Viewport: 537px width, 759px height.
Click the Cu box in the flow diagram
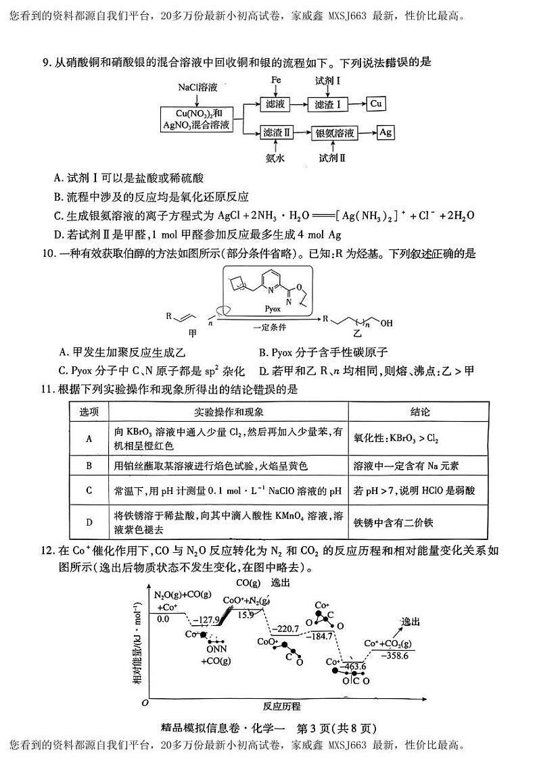coord(377,103)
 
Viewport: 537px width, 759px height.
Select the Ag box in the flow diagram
coord(386,132)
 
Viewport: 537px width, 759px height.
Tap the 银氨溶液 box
coord(335,133)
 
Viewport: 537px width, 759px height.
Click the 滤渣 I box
coord(329,104)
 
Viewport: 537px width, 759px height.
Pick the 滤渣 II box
coord(277,133)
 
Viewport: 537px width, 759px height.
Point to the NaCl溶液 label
coord(197,88)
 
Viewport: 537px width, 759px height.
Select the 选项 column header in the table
coord(90,412)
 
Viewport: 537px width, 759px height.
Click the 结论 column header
coord(419,412)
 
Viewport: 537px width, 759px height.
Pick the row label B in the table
coord(89,466)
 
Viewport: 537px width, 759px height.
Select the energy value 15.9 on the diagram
coord(246,614)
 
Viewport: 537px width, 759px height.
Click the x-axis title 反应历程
coord(282,706)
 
